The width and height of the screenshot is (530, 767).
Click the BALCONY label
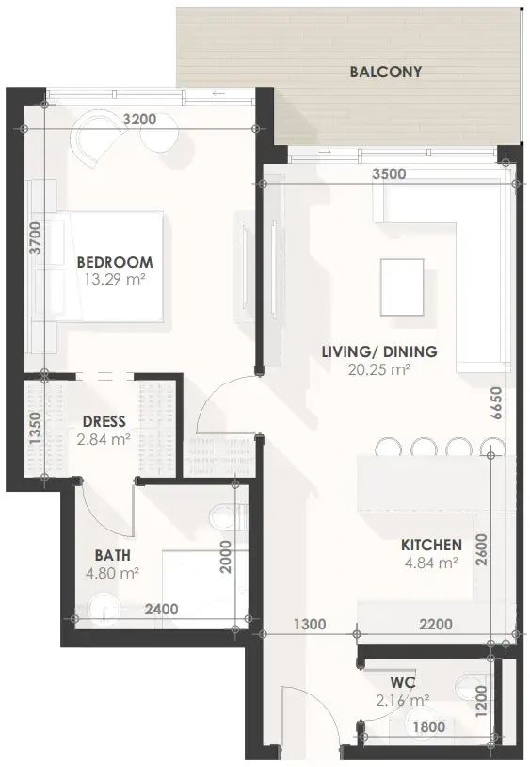[x=385, y=72]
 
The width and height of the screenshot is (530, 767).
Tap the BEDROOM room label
[x=115, y=262]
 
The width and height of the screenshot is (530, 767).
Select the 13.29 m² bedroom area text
[x=115, y=280]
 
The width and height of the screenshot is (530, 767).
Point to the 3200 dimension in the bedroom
[x=139, y=119]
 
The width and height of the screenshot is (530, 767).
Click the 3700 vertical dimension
[x=34, y=237]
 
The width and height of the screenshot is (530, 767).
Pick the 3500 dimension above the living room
[x=389, y=173]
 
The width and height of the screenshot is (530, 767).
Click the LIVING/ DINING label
[x=379, y=351]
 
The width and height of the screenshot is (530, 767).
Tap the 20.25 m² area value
[x=379, y=369]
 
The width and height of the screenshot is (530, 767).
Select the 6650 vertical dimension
[x=497, y=403]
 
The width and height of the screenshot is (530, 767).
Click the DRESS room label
[x=104, y=421]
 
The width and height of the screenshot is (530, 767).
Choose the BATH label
[x=113, y=555]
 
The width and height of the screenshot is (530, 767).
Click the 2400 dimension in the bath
[x=162, y=609]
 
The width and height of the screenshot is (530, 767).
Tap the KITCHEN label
[x=431, y=545]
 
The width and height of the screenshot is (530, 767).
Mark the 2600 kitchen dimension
[x=482, y=549]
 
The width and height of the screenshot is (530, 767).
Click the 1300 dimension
[x=310, y=624]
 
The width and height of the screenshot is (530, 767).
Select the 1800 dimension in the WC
[x=429, y=726]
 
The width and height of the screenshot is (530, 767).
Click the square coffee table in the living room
[x=402, y=287]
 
